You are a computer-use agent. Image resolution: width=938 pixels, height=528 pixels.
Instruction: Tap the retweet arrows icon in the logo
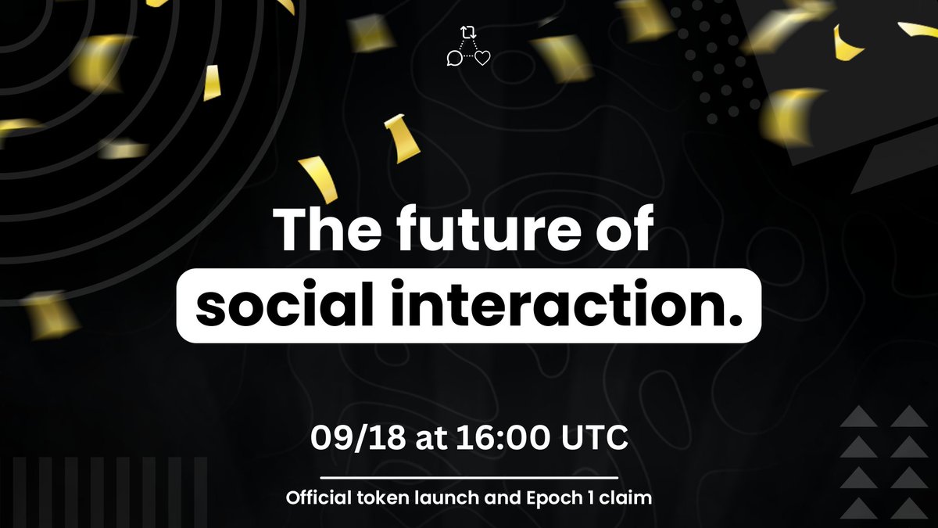click(x=468, y=32)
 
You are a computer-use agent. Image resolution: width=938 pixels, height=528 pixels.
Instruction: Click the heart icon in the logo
click(x=482, y=57)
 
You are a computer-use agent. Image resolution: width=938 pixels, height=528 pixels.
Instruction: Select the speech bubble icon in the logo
click(x=453, y=57)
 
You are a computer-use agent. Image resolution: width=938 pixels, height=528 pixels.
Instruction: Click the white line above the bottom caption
click(x=469, y=476)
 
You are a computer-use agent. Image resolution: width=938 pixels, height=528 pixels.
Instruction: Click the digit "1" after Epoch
click(x=592, y=497)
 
